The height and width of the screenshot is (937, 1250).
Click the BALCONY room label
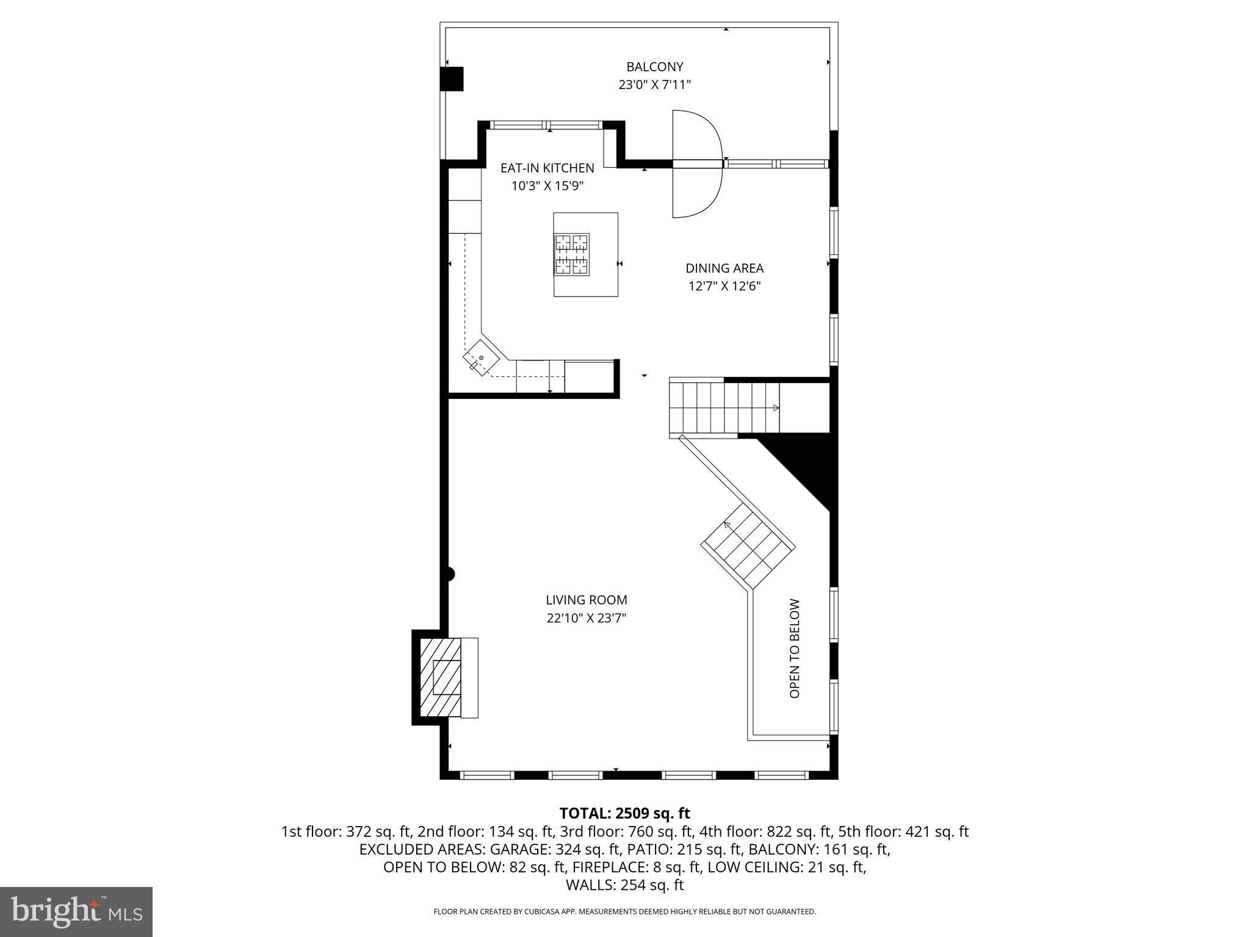654,66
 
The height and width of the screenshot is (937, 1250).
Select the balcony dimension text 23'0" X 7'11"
654,85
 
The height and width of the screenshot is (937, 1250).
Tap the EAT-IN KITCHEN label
547,168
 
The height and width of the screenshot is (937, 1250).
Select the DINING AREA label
724,268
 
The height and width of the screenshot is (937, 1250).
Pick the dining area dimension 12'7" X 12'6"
724,286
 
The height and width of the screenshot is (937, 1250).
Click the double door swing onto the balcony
697,163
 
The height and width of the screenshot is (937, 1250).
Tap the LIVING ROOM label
586,600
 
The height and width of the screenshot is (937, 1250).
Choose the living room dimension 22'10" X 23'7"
586,618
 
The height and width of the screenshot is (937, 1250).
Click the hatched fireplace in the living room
441,677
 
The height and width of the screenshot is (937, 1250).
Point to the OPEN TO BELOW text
794,648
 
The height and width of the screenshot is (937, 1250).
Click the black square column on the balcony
452,79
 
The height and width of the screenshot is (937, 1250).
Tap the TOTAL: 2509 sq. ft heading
624,813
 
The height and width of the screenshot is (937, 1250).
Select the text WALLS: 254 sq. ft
624,885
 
